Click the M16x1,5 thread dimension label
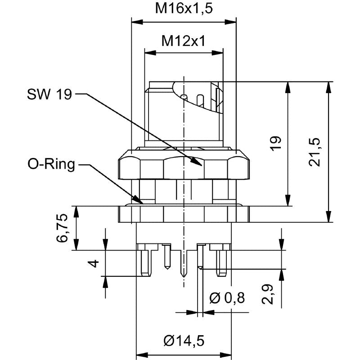coord(184,8)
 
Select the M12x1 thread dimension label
coord(184,41)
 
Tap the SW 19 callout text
coord(49,94)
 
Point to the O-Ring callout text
coord(51,165)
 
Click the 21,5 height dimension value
coord(315,152)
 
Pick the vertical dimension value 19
coord(277,143)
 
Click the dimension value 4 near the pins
coord(94,263)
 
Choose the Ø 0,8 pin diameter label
coord(227,298)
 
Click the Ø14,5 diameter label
coord(184,341)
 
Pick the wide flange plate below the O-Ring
coord(184,214)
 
